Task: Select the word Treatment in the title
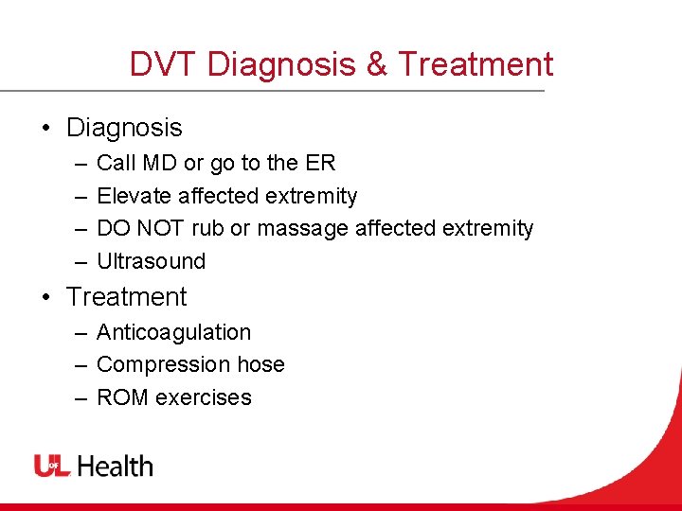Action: pyautogui.click(x=476, y=64)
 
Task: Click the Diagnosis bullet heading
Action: pyautogui.click(x=124, y=128)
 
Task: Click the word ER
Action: pyautogui.click(x=320, y=164)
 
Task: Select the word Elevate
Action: pyautogui.click(x=132, y=196)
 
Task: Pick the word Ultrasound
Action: pyautogui.click(x=151, y=260)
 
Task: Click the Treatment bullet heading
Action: pyautogui.click(x=127, y=296)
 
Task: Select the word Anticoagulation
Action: pyautogui.click(x=173, y=332)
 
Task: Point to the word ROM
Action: pyautogui.click(x=123, y=396)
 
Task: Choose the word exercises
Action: pyautogui.click(x=204, y=396)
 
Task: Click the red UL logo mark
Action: pyautogui.click(x=52, y=466)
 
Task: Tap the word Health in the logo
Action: pyautogui.click(x=115, y=466)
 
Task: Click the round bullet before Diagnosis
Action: pyautogui.click(x=46, y=129)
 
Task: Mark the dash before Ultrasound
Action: pyautogui.click(x=81, y=261)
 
